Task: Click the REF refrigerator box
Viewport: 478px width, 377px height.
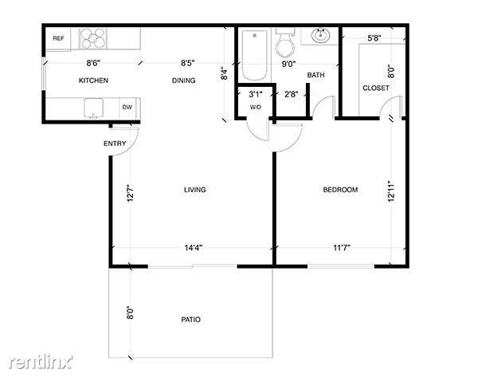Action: coord(58,38)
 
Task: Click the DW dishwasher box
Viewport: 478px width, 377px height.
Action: coord(127,107)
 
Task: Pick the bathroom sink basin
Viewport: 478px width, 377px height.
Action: coord(320,36)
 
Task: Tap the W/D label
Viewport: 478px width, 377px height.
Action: coord(256,107)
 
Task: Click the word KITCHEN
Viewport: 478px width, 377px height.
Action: coord(93,81)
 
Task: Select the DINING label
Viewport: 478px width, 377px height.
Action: coord(184,81)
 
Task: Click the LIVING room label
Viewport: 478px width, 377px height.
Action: coord(194,190)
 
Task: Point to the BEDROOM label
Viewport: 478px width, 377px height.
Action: coord(340,190)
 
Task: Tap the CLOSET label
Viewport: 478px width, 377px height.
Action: coord(376,88)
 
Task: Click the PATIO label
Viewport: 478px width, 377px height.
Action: coord(190,320)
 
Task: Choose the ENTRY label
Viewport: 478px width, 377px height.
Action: coord(115,143)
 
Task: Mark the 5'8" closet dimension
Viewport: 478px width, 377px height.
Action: coord(374,37)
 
